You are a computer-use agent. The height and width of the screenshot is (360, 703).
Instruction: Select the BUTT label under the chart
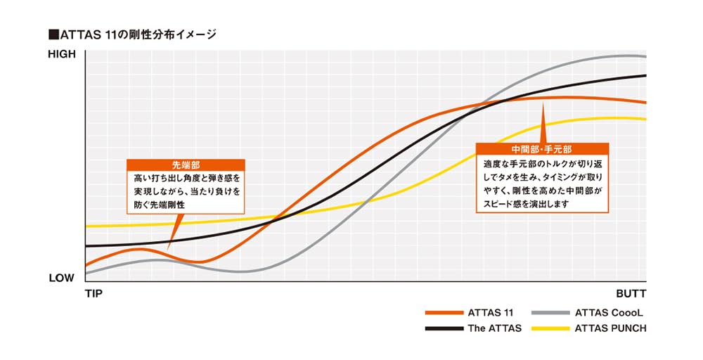[630, 293]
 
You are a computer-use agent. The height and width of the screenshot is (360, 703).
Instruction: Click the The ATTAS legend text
[495, 328]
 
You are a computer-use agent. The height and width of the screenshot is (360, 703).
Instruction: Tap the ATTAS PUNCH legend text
[609, 328]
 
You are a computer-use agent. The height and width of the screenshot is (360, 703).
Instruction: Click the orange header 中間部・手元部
[542, 149]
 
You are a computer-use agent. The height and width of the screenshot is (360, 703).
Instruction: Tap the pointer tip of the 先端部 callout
[169, 250]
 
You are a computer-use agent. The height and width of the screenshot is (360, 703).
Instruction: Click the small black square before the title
[52, 34]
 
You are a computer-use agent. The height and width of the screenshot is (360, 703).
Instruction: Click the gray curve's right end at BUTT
[645, 56]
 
